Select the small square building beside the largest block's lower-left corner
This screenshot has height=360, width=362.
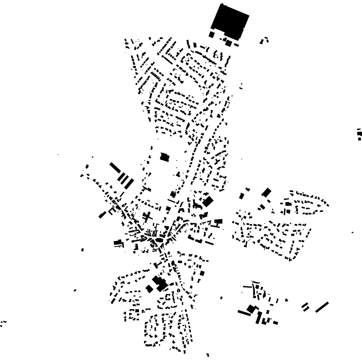[x=211, y=35]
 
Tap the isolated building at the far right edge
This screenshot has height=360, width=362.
[x=359, y=134]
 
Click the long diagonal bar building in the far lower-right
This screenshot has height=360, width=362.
[x=322, y=307]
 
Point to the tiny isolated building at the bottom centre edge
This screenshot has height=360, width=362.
[x=208, y=355]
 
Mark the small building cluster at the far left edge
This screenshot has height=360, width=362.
[x=3, y=323]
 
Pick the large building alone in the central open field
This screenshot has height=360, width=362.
[x=165, y=157]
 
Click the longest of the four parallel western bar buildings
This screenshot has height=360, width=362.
[x=116, y=168]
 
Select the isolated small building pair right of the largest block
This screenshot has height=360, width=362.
[x=265, y=40]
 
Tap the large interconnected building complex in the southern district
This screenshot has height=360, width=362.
[x=160, y=283]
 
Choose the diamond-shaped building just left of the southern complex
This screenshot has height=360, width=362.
[x=149, y=289]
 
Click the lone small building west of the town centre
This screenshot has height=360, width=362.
[x=83, y=249]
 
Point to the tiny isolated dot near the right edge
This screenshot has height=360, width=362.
[x=353, y=233]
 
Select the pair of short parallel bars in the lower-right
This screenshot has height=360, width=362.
[x=306, y=307]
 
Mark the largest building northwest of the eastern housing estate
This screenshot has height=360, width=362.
[x=267, y=192]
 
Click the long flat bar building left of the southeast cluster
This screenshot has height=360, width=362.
[x=244, y=312]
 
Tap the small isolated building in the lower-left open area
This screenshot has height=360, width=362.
[x=75, y=290]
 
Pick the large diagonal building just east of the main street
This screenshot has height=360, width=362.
[x=208, y=201]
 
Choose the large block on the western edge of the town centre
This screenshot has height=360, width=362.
[x=118, y=243]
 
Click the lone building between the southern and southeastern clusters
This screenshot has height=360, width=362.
[x=221, y=298]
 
